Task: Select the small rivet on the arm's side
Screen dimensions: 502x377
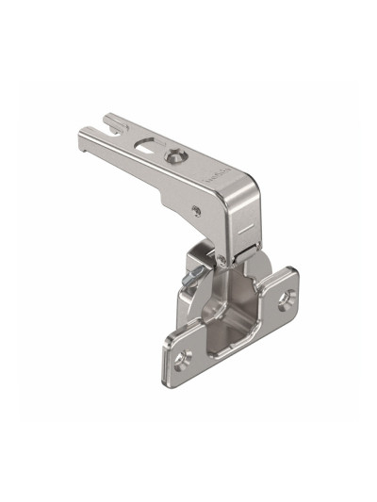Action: pos(195,206)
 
